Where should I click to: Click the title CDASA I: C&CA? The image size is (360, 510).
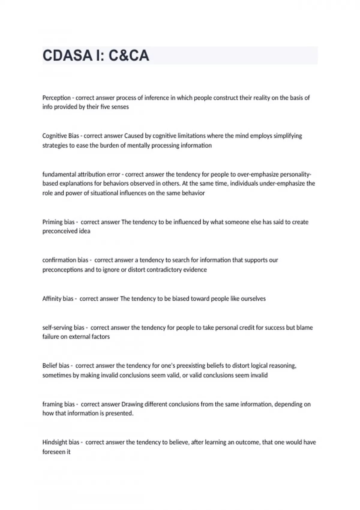click(x=96, y=55)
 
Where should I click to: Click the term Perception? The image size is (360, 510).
click(x=56, y=98)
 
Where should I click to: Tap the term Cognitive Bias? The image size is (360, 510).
click(x=61, y=136)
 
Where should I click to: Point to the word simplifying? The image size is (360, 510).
click(x=287, y=136)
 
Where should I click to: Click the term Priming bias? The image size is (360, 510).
click(x=58, y=222)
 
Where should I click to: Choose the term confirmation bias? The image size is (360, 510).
click(x=65, y=260)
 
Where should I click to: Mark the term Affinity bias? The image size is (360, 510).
click(x=58, y=299)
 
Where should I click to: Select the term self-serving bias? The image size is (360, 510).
click(x=63, y=328)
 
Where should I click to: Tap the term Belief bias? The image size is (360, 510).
click(x=56, y=366)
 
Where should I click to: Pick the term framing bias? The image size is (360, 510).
click(x=58, y=404)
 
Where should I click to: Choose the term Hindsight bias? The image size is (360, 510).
click(x=61, y=442)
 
